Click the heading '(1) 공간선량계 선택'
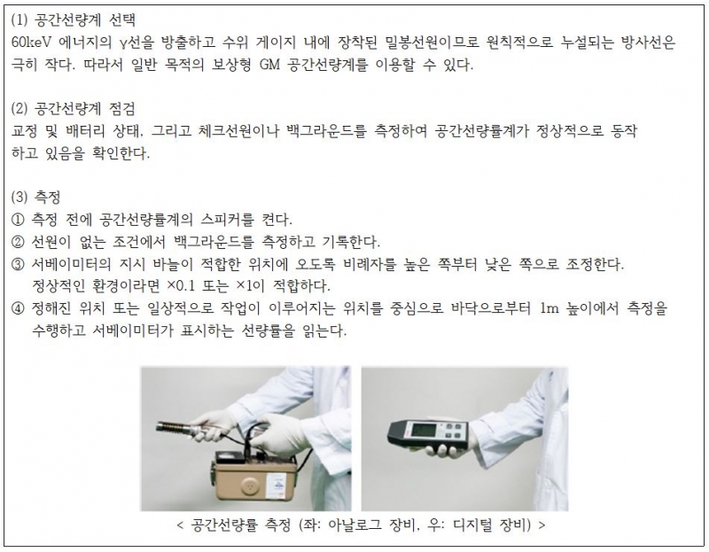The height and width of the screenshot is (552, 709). pos(73,19)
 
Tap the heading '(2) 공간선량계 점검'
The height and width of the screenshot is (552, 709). pos(73,108)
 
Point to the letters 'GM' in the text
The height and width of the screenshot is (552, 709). pos(270,65)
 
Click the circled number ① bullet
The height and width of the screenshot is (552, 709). pos(17,220)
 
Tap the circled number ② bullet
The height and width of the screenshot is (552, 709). pos(17,242)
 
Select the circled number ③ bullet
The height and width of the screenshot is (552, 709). pos(17,264)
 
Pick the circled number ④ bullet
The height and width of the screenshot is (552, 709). pos(17,308)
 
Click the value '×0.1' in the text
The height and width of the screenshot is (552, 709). pos(181,286)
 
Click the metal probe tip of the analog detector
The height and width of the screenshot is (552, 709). pos(173,428)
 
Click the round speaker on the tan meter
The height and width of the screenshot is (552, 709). pos(249,486)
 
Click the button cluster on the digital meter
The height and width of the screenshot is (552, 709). pos(453,431)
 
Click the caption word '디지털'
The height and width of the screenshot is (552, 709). pos(471,525)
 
